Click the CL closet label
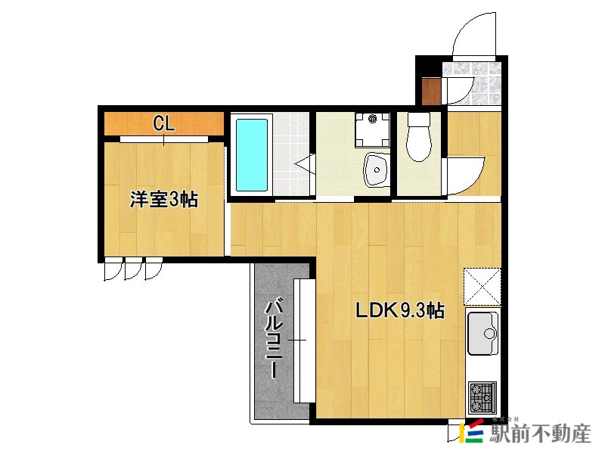coord(164,123)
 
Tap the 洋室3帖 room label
coord(164,200)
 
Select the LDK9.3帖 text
coord(400,310)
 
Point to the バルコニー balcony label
coord(274,340)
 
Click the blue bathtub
coord(252,155)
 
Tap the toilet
coord(419,137)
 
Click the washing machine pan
coord(372,129)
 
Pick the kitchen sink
coord(482,334)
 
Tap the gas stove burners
coord(482,398)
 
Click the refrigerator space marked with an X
coord(482,287)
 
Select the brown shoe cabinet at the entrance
coord(431,92)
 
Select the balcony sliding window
coord(305,340)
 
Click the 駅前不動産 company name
coord(540,434)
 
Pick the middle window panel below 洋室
coord(133,269)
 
